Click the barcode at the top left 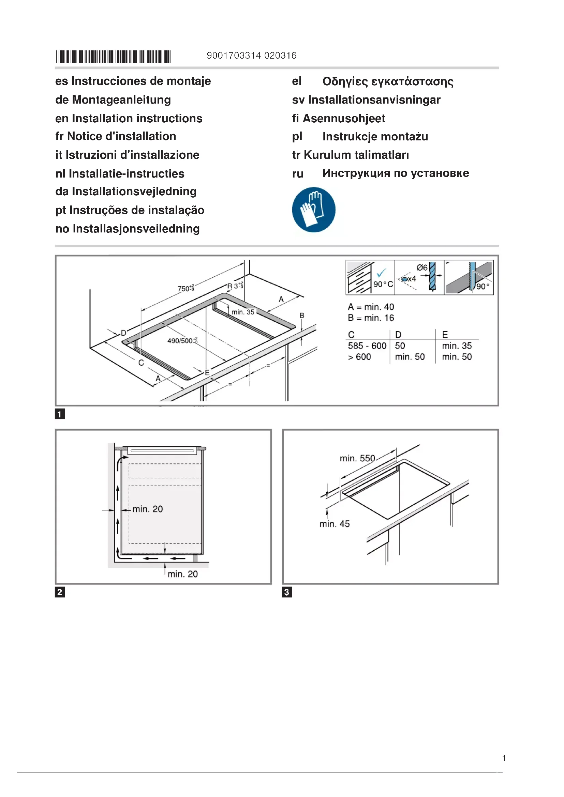pyautogui.click(x=113, y=56)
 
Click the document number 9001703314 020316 pyautogui.click(x=251, y=56)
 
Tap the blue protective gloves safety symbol pyautogui.click(x=314, y=210)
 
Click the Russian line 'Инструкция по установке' pyautogui.click(x=395, y=173)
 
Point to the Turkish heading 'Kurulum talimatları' pyautogui.click(x=356, y=155)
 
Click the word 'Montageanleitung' pyautogui.click(x=121, y=100)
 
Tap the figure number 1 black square pyautogui.click(x=60, y=414)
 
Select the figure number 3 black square pyautogui.click(x=287, y=592)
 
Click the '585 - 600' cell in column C pyautogui.click(x=367, y=346)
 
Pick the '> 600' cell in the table pyautogui.click(x=359, y=357)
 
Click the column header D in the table pyautogui.click(x=398, y=334)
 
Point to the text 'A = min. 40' pyautogui.click(x=371, y=307)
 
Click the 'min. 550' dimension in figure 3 pyautogui.click(x=357, y=458)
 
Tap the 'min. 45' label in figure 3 pyautogui.click(x=335, y=524)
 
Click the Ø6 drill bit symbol pyautogui.click(x=432, y=276)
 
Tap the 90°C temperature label pyautogui.click(x=383, y=284)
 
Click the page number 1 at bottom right pyautogui.click(x=504, y=758)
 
